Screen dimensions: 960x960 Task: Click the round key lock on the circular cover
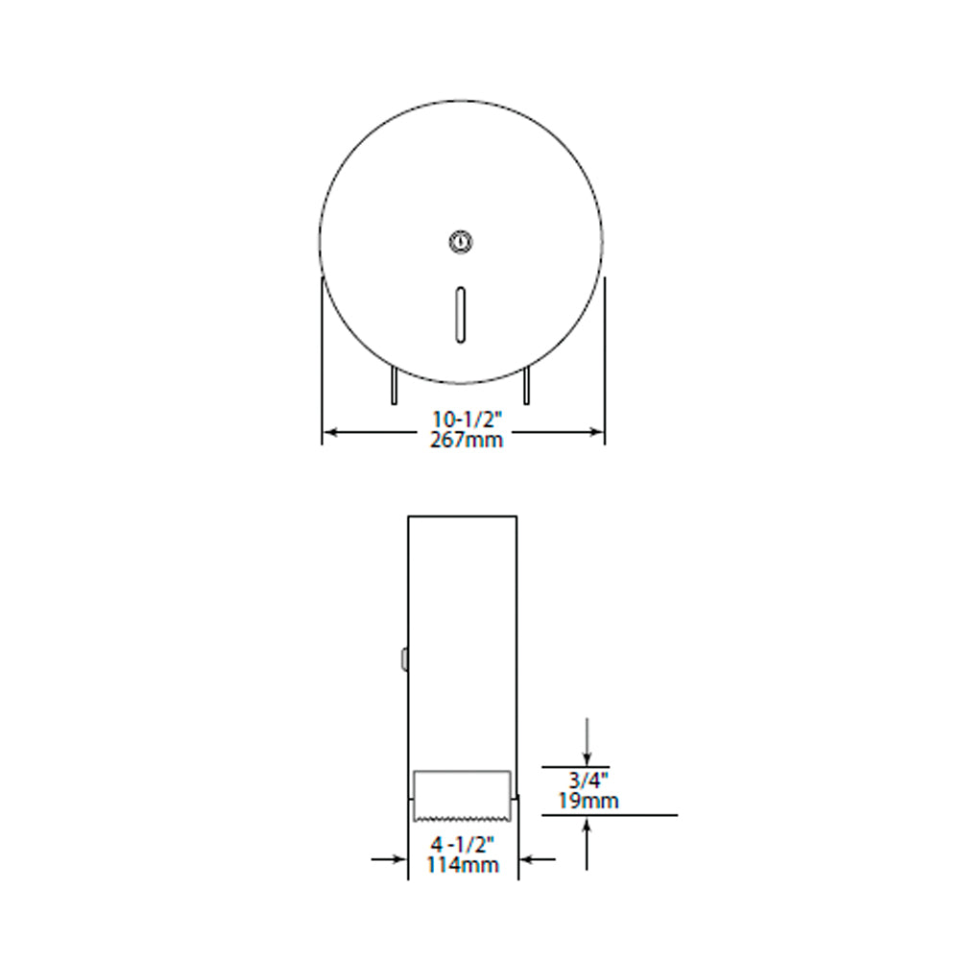pyautogui.click(x=461, y=241)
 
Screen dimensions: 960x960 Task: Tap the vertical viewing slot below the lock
pyautogui.click(x=461, y=315)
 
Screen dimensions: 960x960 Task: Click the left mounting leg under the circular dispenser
pyautogui.click(x=395, y=385)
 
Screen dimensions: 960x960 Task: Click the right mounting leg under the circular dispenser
pyautogui.click(x=526, y=385)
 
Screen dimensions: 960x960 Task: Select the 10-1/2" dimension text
pyautogui.click(x=468, y=420)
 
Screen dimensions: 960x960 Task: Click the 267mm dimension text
pyautogui.click(x=467, y=440)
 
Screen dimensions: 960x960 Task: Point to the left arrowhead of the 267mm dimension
pyautogui.click(x=330, y=432)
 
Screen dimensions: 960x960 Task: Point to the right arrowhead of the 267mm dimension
pyautogui.click(x=596, y=432)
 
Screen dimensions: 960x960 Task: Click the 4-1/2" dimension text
pyautogui.click(x=463, y=845)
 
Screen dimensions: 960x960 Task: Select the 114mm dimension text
pyautogui.click(x=463, y=865)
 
